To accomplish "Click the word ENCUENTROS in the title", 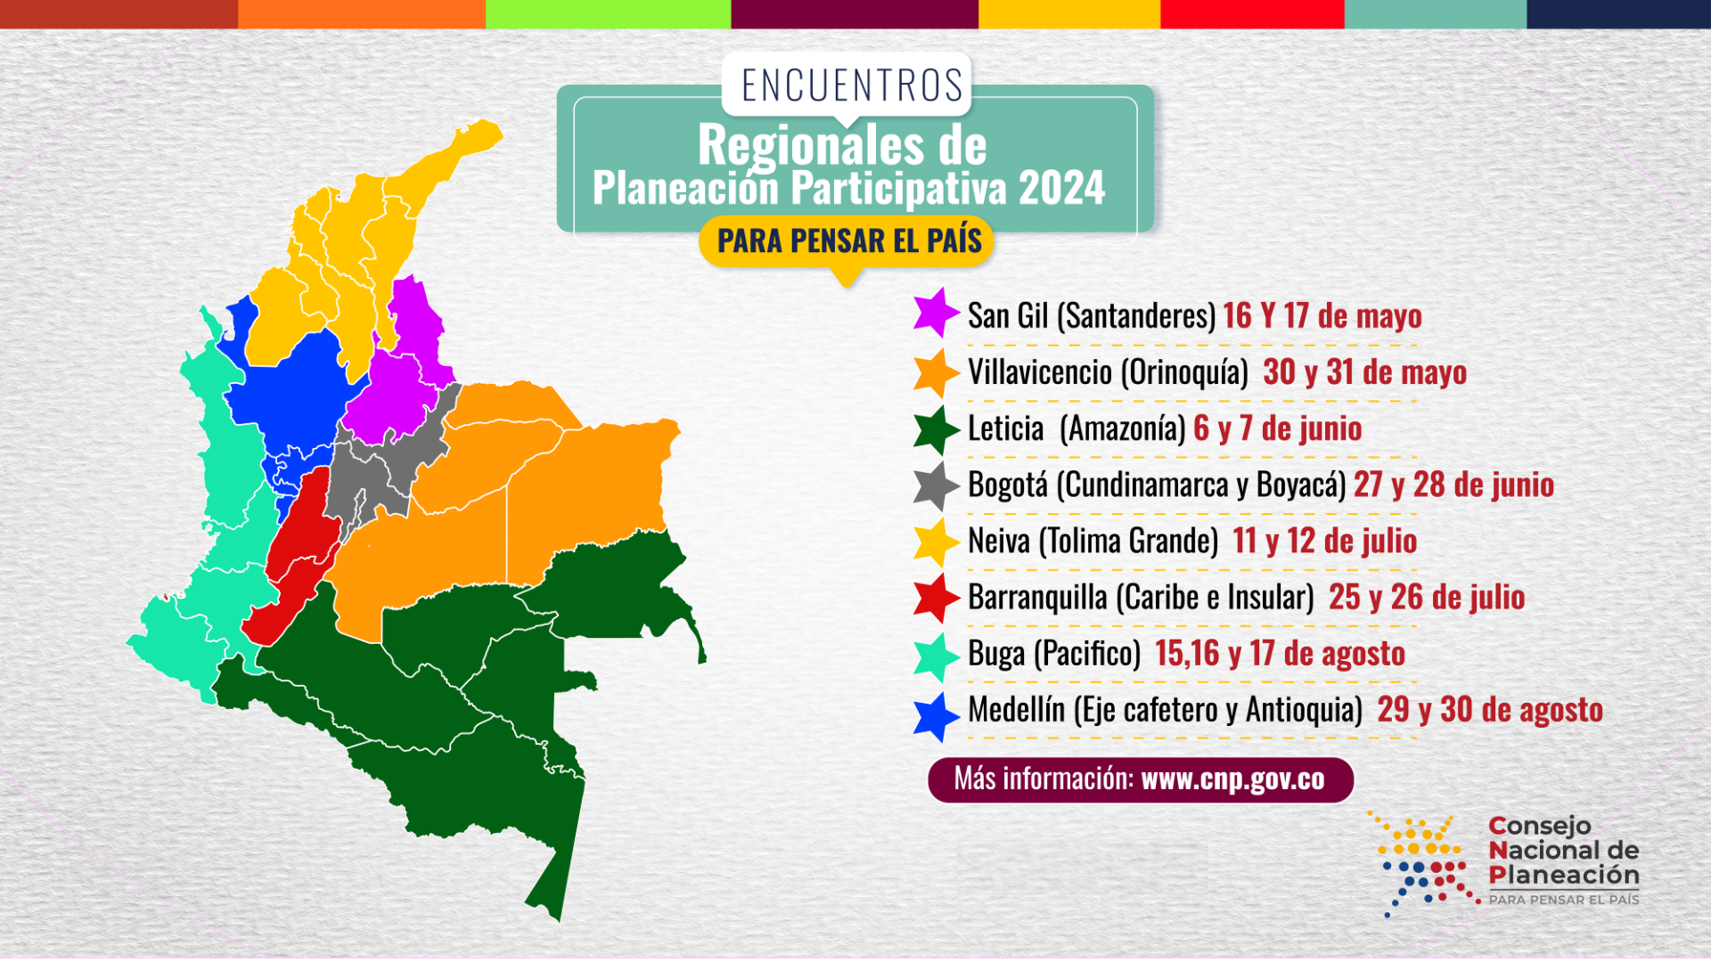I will [852, 86].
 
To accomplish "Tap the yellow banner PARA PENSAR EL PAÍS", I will [848, 240].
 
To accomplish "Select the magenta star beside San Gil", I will [935, 313].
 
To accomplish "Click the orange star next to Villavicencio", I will [935, 371].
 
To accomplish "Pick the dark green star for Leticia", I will [935, 428].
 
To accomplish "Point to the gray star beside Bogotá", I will [935, 485].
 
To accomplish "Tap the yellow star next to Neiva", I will [935, 542].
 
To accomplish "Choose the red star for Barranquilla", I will [935, 597].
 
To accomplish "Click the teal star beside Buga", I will [935, 655].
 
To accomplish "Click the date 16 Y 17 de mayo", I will [1322, 316].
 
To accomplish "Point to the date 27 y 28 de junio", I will [1453, 485].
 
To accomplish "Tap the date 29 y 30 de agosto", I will [1490, 710].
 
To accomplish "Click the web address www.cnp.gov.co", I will [1232, 779].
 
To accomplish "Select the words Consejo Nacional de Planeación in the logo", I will [1563, 851].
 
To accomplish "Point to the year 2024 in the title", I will [1061, 189].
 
